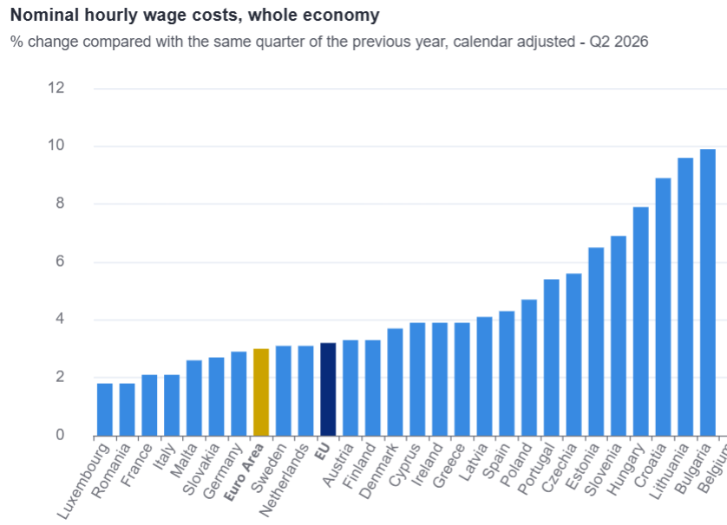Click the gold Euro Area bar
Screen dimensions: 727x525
[261, 392]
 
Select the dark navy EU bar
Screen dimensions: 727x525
[328, 389]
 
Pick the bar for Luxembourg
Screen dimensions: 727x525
[105, 410]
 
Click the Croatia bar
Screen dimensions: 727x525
[663, 307]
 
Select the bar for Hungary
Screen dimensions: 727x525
[641, 321]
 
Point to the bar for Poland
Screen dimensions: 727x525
[529, 367]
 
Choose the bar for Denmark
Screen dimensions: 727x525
[395, 382]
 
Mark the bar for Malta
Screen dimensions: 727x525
[193, 399]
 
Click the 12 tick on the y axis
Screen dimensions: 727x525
[56, 87]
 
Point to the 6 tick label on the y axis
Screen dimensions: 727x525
[60, 262]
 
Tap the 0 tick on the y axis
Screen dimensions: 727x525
[60, 435]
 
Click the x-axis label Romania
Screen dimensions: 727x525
[111, 470]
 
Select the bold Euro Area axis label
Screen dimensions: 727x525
[244, 472]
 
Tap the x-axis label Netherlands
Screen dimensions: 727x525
[284, 480]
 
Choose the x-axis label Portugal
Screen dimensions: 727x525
[535, 469]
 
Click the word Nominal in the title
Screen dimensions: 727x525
[44, 16]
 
